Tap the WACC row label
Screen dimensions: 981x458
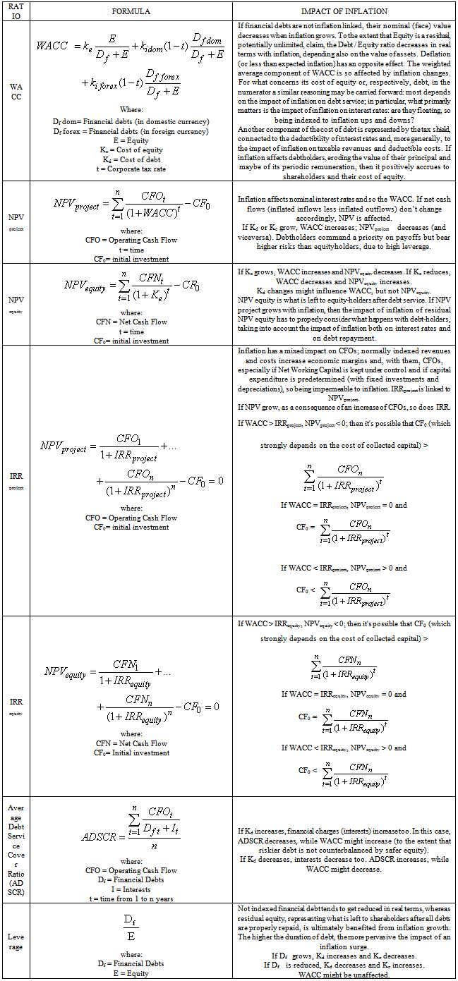tap(16, 91)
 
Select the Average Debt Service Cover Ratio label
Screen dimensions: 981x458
tap(16, 850)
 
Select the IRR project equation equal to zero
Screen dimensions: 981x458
tap(131, 463)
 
